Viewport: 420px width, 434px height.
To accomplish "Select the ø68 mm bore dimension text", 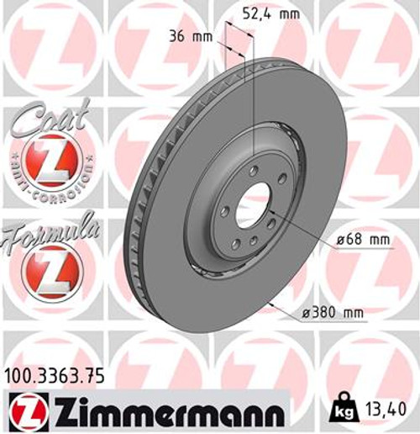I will click(363, 240).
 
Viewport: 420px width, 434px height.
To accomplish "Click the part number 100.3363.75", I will click(52, 378).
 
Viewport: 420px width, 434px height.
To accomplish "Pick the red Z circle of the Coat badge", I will click(47, 159).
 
